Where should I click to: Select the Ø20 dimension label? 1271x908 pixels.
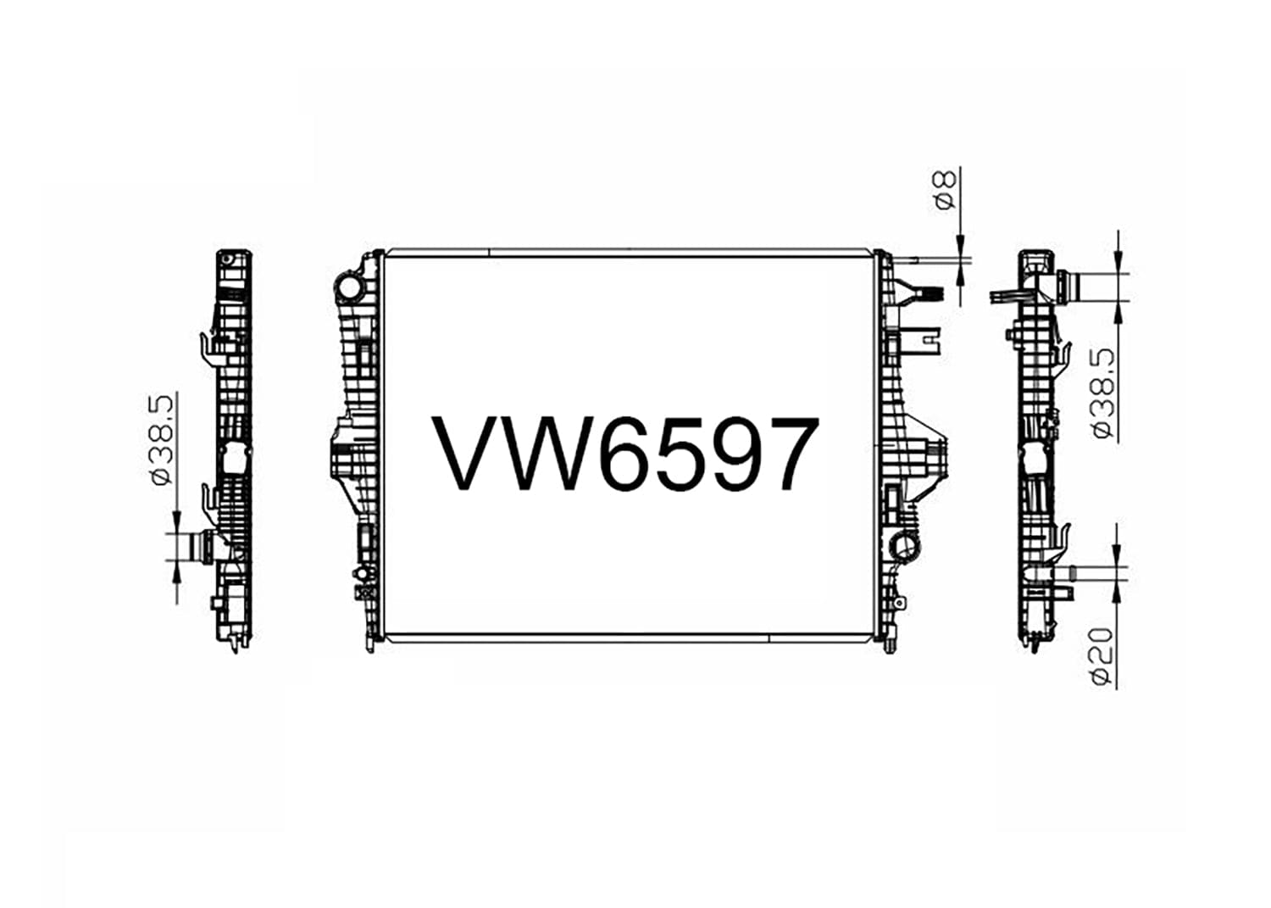click(x=1102, y=656)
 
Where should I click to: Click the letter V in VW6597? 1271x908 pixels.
click(x=469, y=454)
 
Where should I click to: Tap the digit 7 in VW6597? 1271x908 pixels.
click(x=785, y=454)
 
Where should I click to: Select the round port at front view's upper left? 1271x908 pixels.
click(x=347, y=288)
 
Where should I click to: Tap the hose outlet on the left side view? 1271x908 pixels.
click(x=201, y=545)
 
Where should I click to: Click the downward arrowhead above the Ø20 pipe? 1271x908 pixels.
click(x=1118, y=559)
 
